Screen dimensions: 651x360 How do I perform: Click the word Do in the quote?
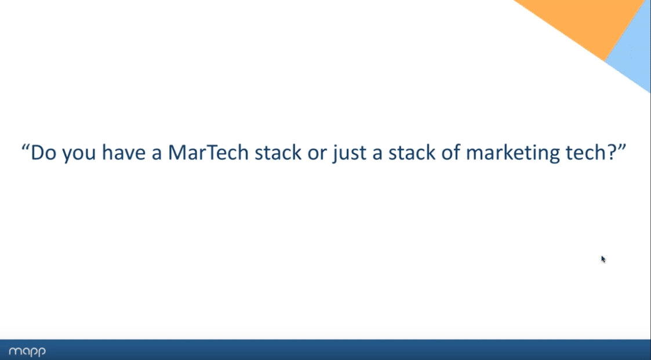click(x=43, y=152)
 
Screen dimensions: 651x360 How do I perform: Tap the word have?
click(x=123, y=152)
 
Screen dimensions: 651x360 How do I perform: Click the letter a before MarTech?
click(x=156, y=154)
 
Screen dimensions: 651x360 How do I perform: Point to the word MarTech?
click(x=208, y=152)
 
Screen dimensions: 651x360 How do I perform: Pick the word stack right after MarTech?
click(x=278, y=152)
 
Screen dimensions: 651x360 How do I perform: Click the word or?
click(x=317, y=154)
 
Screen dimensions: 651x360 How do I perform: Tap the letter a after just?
click(x=377, y=154)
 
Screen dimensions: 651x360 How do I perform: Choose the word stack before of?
click(x=412, y=152)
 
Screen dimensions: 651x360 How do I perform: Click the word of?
click(x=450, y=152)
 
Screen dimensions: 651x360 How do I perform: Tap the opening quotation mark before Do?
click(x=26, y=147)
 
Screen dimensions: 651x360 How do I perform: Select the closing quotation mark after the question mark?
click(x=621, y=147)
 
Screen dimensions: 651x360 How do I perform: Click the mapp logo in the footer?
click(x=27, y=351)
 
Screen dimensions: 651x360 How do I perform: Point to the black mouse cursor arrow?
click(x=603, y=259)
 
